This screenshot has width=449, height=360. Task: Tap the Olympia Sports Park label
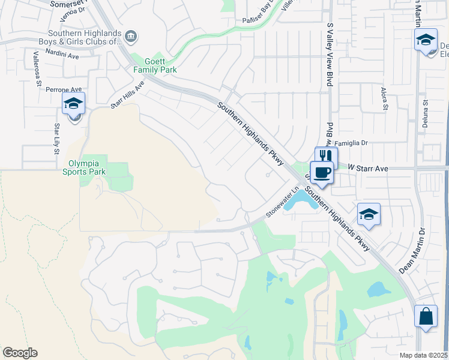point(87,167)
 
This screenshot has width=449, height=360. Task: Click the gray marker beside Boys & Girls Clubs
point(132,38)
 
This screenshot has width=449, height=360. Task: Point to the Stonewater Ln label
point(282,205)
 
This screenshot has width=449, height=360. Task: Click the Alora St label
point(384,99)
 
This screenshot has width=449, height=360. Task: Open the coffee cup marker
point(322,173)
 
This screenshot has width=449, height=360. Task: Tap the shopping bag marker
point(426,316)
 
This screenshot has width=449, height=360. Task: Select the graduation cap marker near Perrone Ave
point(73,104)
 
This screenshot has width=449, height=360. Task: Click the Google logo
point(20,353)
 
